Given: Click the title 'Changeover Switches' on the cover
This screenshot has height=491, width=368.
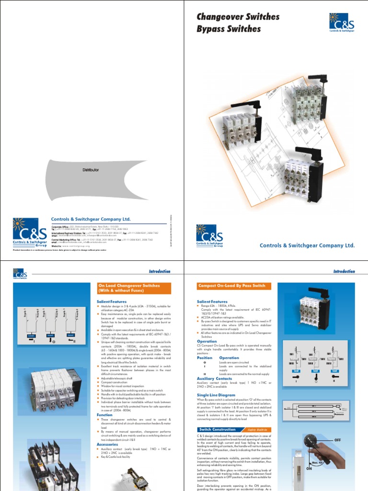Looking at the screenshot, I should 238,17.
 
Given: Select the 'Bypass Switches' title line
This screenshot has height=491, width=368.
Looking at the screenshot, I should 229,29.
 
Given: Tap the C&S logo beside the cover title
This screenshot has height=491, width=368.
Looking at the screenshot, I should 341,22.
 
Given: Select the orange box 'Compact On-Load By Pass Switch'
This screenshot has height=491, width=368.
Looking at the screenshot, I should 232,286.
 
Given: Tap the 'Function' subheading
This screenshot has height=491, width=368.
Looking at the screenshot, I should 104,415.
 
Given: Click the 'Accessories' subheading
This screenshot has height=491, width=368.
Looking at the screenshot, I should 107,444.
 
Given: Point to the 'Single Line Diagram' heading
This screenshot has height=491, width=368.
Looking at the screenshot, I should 216,395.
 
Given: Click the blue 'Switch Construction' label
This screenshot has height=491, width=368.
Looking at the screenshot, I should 217,430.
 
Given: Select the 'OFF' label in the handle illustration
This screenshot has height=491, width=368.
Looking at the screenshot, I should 337,440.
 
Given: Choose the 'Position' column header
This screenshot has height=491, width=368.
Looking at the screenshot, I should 205,358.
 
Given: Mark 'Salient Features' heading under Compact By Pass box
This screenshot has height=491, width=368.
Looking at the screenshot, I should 212,302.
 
